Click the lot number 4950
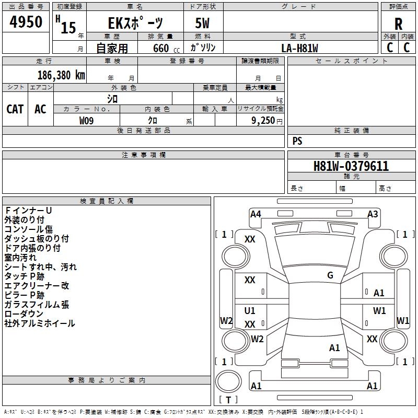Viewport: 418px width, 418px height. click(26, 21)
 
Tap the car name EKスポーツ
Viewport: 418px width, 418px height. click(135, 23)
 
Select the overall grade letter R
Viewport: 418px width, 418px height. click(398, 24)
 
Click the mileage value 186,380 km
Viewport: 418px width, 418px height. click(61, 75)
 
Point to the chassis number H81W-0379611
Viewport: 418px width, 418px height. click(351, 166)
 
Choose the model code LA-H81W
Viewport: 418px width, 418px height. click(299, 48)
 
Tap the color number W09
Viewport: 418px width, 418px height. click(86, 121)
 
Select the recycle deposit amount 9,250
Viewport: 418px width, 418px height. click(263, 121)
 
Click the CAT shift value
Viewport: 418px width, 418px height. click(15, 109)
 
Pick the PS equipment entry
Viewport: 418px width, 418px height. click(297, 141)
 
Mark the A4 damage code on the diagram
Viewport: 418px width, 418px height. click(256, 214)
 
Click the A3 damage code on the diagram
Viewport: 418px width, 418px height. click(373, 214)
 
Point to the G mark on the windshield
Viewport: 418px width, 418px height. click(330, 275)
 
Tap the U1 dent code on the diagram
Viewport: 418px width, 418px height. click(250, 310)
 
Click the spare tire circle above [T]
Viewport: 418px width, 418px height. click(228, 381)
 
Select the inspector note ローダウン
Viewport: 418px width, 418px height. click(24, 314)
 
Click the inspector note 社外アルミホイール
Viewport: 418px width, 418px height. click(40, 323)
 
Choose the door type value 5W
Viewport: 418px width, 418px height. click(202, 23)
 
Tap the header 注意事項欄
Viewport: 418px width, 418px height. click(144, 155)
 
